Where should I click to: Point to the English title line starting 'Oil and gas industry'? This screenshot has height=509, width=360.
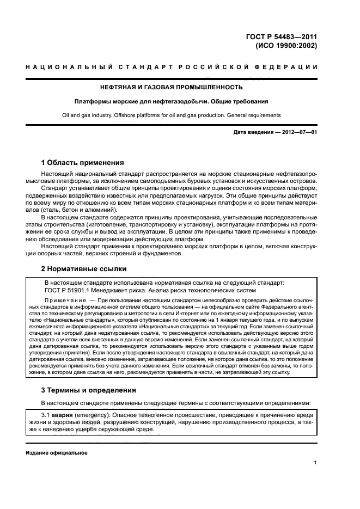point(172,115)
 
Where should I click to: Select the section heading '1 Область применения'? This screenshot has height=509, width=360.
point(83,162)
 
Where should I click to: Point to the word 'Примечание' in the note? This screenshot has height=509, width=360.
point(63,301)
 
